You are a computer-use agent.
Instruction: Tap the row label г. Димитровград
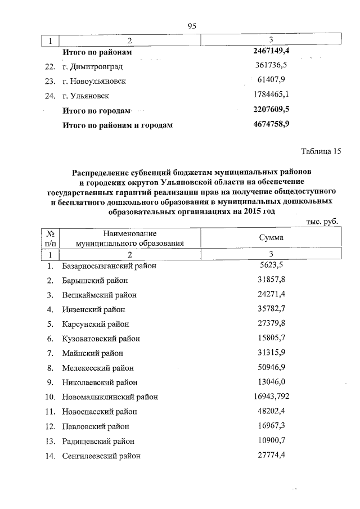[92, 67]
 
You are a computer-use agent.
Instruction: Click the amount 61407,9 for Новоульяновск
[271, 81]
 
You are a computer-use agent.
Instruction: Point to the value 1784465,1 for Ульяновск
[271, 96]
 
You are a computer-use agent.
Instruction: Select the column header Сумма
[271, 238]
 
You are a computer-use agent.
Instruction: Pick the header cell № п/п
[51, 238]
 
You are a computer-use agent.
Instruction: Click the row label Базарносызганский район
[109, 266]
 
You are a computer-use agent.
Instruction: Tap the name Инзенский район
[93, 310]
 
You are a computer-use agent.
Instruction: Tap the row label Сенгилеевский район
[101, 456]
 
